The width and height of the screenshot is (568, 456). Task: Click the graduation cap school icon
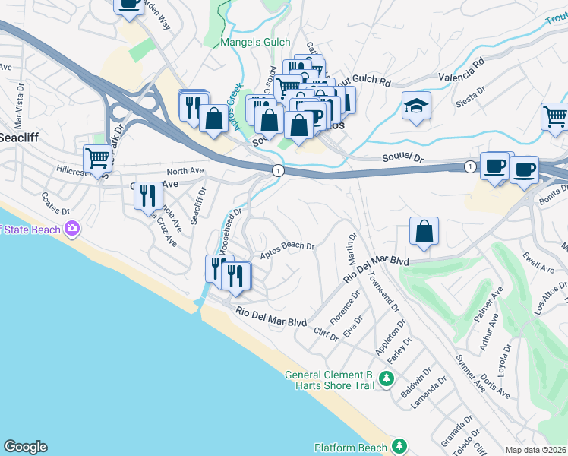pyautogui.click(x=416, y=106)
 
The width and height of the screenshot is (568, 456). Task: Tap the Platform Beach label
pyautogui.click(x=351, y=448)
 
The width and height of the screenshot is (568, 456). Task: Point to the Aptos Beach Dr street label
pyautogui.click(x=288, y=250)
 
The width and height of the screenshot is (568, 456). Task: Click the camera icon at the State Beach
pyautogui.click(x=73, y=227)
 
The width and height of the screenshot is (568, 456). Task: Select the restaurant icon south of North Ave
pyautogui.click(x=147, y=195)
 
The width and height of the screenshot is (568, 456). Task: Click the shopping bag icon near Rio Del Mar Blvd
pyautogui.click(x=424, y=232)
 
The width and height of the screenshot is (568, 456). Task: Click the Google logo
pyautogui.click(x=25, y=447)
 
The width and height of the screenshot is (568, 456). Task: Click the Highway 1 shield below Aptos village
pyautogui.click(x=279, y=171)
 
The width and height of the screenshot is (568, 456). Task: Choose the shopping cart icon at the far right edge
pyautogui.click(x=556, y=116)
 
